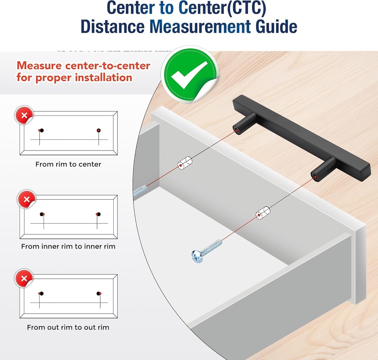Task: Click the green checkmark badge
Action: click(190, 74)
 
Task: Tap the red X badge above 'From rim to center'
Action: click(24, 115)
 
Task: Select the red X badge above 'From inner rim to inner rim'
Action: click(27, 199)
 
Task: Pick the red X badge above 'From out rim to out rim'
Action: click(24, 278)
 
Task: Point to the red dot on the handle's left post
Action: click(237, 130)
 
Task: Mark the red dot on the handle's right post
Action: click(316, 177)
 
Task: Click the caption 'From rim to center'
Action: click(68, 165)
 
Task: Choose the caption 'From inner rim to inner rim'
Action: click(68, 246)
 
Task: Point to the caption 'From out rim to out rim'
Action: click(68, 328)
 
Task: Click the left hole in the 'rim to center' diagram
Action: click(41, 130)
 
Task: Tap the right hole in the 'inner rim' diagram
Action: click(98, 214)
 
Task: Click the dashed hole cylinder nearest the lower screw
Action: click(263, 213)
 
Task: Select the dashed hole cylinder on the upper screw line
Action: click(185, 163)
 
